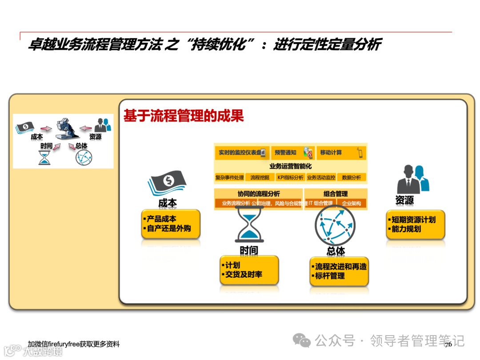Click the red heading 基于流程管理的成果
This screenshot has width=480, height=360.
[x=184, y=116]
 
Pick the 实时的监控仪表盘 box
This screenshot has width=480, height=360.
[x=241, y=152]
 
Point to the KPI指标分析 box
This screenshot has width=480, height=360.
[x=290, y=177]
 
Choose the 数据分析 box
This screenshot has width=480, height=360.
[x=352, y=177]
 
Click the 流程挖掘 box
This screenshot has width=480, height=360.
[x=260, y=177]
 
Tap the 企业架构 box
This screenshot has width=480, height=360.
[x=352, y=203]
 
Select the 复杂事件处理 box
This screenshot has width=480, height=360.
[x=229, y=177]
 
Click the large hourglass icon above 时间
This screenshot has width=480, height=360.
[x=249, y=225]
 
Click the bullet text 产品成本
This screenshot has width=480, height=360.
[x=161, y=219]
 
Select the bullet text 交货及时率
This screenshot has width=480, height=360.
[x=244, y=274]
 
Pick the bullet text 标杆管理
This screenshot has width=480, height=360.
[x=330, y=276]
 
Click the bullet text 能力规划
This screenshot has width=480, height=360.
[x=406, y=229]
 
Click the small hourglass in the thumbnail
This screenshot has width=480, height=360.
[x=44, y=157]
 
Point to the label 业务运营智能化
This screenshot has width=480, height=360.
[x=290, y=166]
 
